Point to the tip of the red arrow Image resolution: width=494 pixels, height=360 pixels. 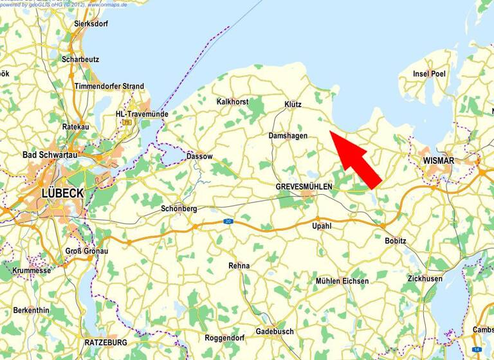tap(329, 131)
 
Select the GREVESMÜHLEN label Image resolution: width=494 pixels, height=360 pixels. tap(304, 186)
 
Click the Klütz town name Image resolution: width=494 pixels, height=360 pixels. tap(293, 104)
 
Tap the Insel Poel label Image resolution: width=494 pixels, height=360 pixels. tap(430, 74)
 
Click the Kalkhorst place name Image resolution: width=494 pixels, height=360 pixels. tap(233, 102)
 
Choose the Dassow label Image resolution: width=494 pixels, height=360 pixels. tap(199, 156)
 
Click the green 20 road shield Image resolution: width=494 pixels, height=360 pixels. tap(228, 221)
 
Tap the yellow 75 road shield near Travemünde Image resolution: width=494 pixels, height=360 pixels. tap(128, 122)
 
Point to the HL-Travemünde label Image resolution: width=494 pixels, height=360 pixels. tap(142, 114)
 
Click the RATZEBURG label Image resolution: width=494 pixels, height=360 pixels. tap(106, 342)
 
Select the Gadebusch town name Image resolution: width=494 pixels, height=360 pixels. tap(275, 331)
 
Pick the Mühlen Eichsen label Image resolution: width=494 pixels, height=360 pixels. tap(342, 281)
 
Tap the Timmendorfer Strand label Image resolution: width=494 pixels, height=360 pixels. tap(109, 86)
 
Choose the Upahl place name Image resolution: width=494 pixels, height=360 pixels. tap(322, 226)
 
